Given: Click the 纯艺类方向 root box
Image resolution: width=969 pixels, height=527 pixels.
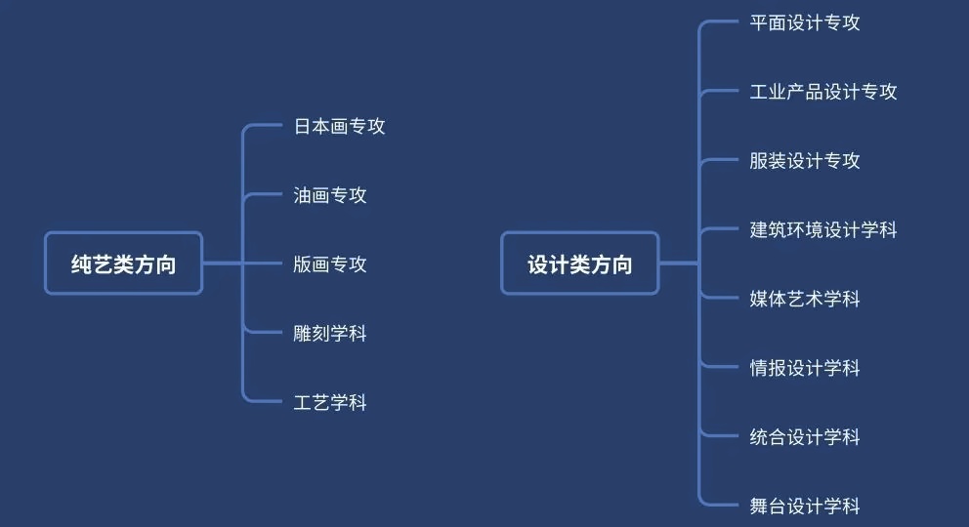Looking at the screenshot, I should pos(123,263).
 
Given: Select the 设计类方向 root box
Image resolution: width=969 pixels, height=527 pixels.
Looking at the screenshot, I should pos(580,263).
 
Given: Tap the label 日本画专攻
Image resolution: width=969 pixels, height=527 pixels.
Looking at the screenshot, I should pos(340,127).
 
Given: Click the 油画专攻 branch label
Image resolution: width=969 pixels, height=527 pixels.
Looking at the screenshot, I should pos(330,195).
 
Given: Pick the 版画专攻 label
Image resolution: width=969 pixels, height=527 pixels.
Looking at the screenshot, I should pos(330,264).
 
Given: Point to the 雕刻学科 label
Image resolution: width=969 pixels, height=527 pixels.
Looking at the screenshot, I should pos(330,334).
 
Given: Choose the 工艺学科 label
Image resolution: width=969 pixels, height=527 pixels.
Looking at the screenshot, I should pos(330,402).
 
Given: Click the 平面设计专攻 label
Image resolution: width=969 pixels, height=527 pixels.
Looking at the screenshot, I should pos(805,22).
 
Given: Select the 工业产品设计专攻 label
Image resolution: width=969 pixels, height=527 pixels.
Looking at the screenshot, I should pos(823,92).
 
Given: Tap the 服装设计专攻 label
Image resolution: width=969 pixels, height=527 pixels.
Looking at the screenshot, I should pos(805,161).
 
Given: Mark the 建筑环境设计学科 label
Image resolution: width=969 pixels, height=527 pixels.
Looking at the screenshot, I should pos(823,230).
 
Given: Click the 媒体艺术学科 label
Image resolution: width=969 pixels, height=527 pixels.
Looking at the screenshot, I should pos(805,299).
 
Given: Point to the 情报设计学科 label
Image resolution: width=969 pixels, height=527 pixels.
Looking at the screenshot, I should pos(805,368).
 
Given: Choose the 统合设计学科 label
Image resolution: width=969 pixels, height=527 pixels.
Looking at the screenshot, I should pos(805,437).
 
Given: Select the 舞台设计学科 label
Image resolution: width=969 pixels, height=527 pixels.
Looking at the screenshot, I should pos(805,506).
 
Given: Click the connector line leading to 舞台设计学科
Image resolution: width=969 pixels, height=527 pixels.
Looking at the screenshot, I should pos(723,506).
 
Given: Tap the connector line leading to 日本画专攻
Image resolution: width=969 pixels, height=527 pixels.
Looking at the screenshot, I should pos(266,126).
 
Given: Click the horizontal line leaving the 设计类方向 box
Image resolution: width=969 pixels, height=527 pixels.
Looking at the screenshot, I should pos(678,263).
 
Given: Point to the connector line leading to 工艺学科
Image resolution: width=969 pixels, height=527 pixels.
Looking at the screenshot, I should pos(266,402).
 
